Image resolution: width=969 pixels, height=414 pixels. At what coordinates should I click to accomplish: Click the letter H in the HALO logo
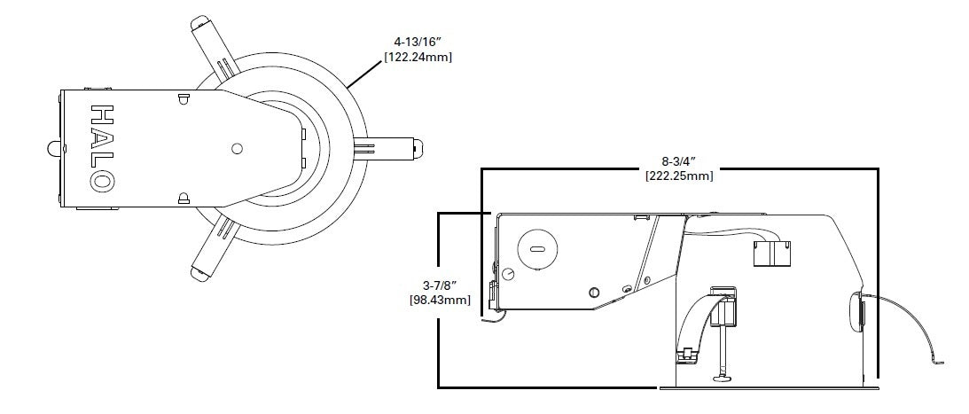(102, 114)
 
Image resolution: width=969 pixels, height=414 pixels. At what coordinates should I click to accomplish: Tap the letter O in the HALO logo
(102, 181)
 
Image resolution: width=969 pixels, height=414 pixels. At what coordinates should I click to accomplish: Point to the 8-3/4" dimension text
(679, 161)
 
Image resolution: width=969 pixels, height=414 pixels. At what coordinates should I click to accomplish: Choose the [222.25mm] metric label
(679, 176)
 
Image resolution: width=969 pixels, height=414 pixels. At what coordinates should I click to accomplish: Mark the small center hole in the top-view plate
(236, 149)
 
